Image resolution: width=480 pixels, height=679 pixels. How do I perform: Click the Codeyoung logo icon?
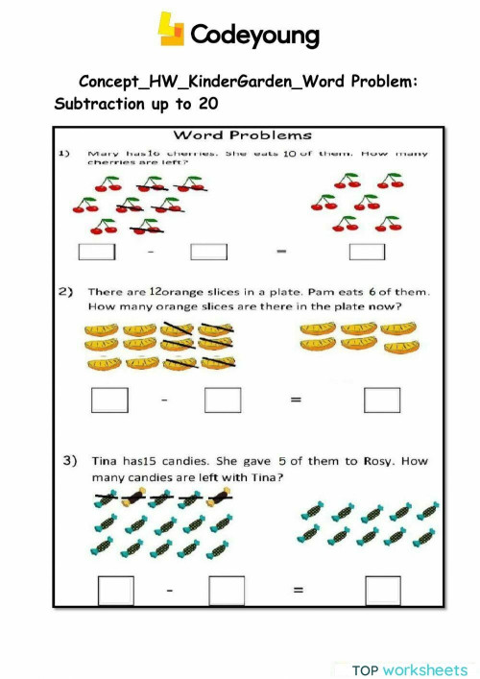pos(171,31)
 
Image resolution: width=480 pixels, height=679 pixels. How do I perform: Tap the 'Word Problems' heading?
pos(242,134)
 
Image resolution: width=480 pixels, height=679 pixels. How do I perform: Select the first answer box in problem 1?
pos(96,252)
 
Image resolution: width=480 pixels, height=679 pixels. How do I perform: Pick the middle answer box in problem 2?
pos(223,399)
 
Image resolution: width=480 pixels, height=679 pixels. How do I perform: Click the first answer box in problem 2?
pos(108,399)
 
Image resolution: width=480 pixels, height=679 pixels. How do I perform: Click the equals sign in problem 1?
pos(282,253)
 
